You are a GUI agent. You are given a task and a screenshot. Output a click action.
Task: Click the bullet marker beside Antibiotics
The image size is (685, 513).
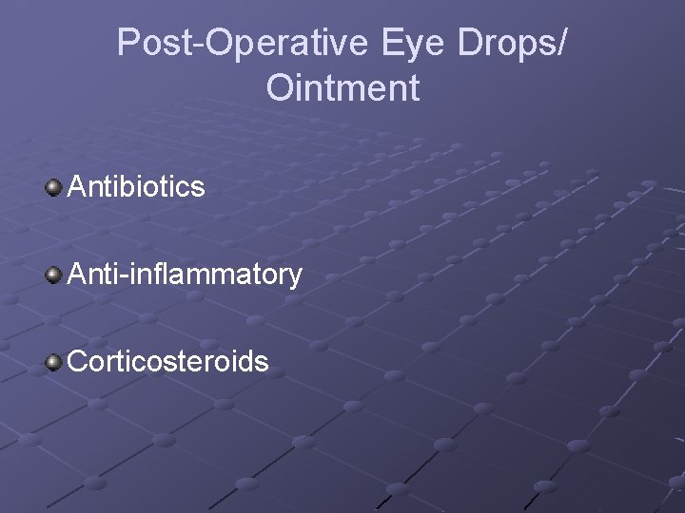54,187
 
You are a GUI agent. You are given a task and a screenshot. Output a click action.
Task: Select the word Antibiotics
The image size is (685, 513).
135,187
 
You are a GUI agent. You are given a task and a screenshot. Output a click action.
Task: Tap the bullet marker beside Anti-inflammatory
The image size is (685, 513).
54,275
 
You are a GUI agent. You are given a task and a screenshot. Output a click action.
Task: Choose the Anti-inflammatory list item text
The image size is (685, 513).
184,275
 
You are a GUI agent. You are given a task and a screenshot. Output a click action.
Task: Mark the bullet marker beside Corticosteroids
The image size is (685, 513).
54,362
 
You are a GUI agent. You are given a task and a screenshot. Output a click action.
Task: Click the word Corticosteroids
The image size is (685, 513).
167,362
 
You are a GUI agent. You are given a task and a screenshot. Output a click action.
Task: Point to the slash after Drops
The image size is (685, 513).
563,44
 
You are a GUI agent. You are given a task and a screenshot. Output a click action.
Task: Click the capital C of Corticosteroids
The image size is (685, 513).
78,362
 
